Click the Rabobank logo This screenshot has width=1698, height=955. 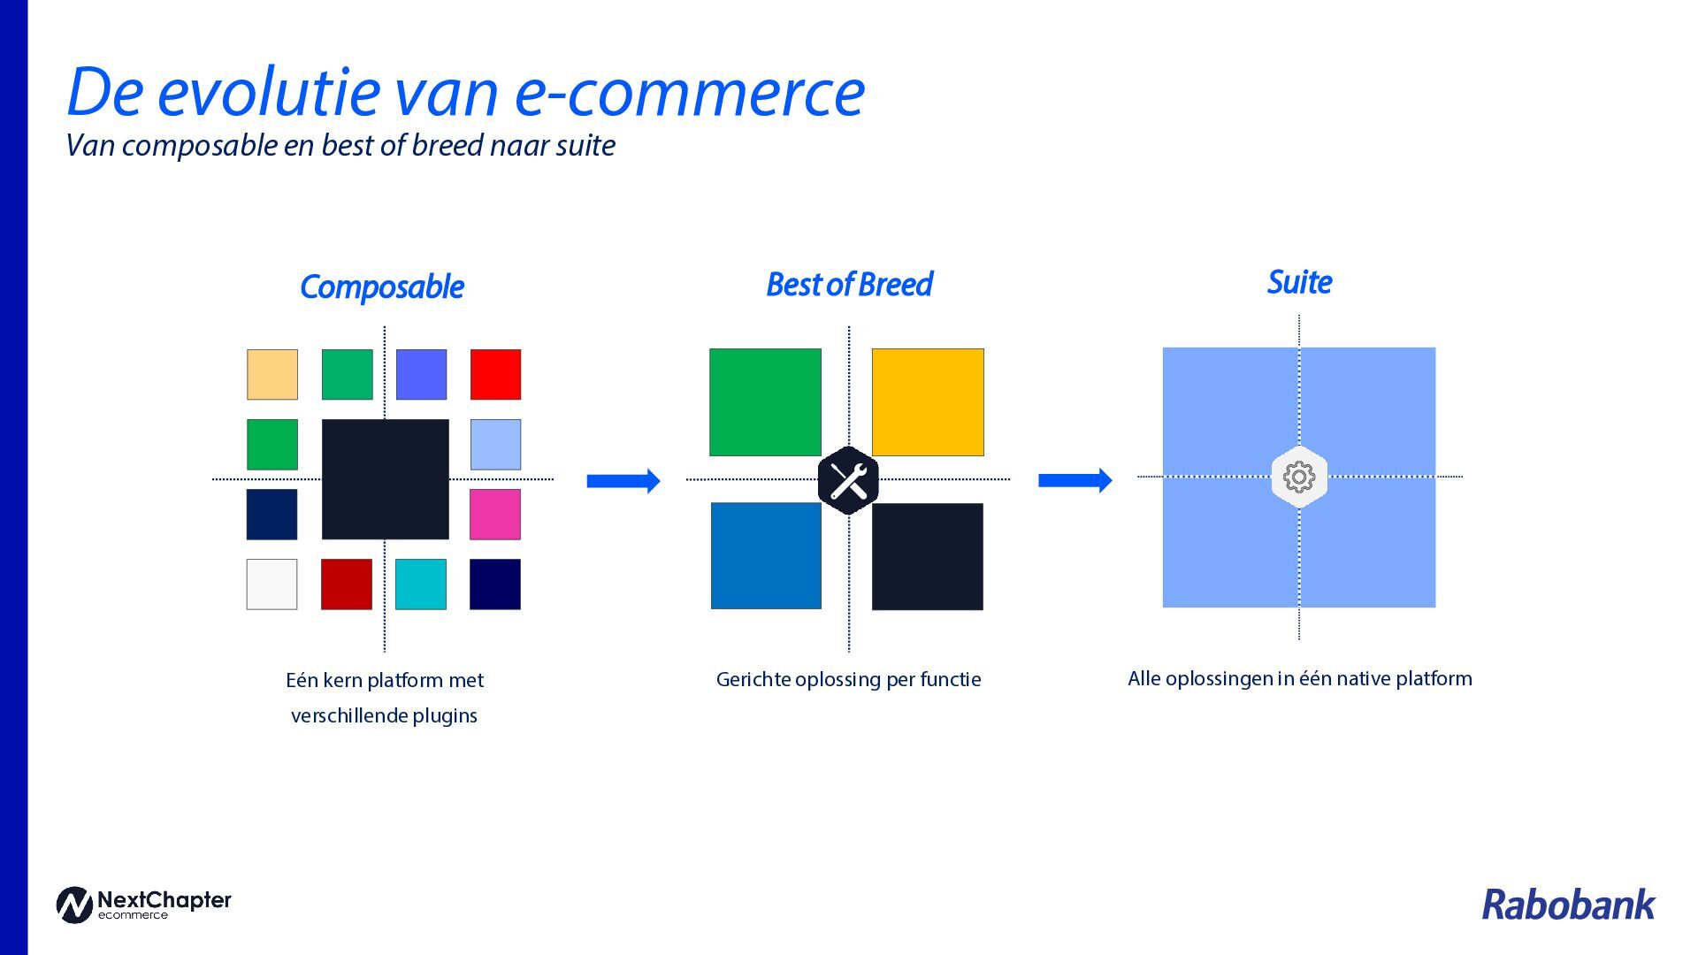[1567, 905]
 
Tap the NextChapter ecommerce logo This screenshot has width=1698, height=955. [143, 905]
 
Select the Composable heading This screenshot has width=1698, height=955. [382, 286]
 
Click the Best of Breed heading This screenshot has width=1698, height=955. [849, 285]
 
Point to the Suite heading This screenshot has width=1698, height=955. [1299, 282]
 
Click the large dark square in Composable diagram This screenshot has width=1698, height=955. [385, 478]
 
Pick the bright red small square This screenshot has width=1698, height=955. [495, 374]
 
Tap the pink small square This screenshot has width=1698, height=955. [495, 514]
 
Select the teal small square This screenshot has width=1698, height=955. [421, 584]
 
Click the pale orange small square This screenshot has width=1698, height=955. [272, 374]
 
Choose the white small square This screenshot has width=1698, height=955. [272, 584]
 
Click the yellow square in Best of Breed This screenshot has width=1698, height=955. [928, 402]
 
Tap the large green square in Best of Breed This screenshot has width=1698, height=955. [765, 402]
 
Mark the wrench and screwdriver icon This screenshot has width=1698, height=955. [848, 481]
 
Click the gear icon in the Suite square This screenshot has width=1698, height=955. [1299, 477]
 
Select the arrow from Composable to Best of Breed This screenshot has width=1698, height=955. [623, 481]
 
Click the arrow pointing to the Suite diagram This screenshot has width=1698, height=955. [1075, 480]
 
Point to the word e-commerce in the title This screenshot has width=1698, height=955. [689, 92]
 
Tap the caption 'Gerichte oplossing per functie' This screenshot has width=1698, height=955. [848, 679]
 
